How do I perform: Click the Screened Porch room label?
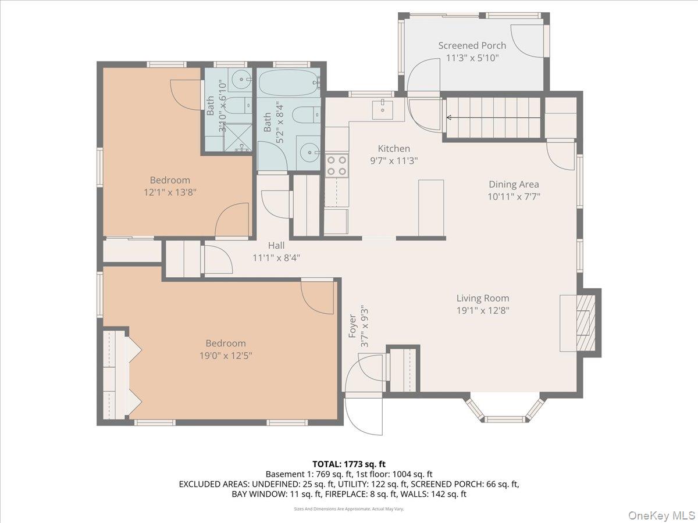click(472, 45)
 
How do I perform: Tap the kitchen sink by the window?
click(383, 108)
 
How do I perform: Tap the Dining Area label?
click(513, 184)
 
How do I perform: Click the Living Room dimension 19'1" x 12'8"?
click(483, 310)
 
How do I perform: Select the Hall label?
click(276, 245)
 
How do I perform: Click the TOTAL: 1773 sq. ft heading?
click(348, 464)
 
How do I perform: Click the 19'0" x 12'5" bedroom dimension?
click(225, 355)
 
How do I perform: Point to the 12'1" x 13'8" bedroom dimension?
click(169, 192)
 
